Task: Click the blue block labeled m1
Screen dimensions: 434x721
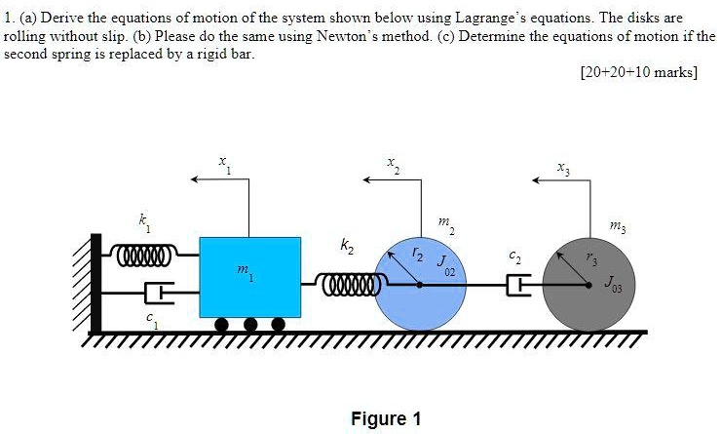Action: click(x=249, y=276)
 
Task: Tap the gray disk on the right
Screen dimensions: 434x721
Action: click(x=590, y=283)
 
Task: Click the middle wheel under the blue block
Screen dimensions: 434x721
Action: click(x=250, y=324)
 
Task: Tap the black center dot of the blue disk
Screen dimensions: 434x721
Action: click(x=420, y=285)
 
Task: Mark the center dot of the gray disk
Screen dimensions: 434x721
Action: click(x=590, y=285)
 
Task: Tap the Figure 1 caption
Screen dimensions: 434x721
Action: click(x=386, y=418)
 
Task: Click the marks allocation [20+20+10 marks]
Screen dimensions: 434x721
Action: click(x=638, y=73)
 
